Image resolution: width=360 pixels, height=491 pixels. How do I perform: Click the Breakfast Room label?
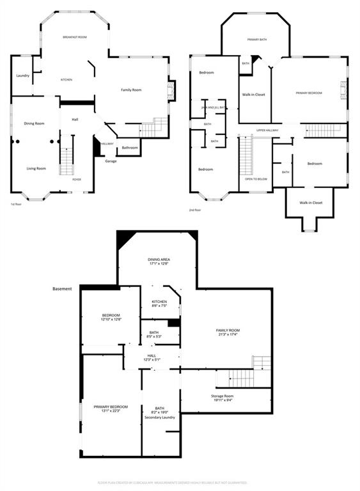(75, 38)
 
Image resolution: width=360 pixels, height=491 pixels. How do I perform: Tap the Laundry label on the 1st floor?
(22, 76)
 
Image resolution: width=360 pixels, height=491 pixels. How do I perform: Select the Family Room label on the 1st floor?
(131, 90)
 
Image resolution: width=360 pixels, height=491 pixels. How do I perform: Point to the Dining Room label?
(34, 123)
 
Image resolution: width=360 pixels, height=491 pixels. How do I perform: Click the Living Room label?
(36, 169)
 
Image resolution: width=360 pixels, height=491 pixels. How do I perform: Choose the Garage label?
(111, 161)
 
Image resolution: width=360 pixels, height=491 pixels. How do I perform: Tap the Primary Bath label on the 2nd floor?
(257, 40)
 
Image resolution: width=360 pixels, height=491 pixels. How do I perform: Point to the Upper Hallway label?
(267, 130)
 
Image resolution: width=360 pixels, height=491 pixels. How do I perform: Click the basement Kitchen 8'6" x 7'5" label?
(159, 304)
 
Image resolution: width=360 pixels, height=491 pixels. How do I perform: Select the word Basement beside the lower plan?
(62, 289)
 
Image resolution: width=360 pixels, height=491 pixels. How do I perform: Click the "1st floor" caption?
(17, 204)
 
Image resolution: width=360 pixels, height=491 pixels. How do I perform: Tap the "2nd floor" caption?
(195, 210)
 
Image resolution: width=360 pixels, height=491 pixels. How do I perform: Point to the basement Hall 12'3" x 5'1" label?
(152, 357)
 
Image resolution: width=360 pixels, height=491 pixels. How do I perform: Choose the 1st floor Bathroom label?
(130, 148)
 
